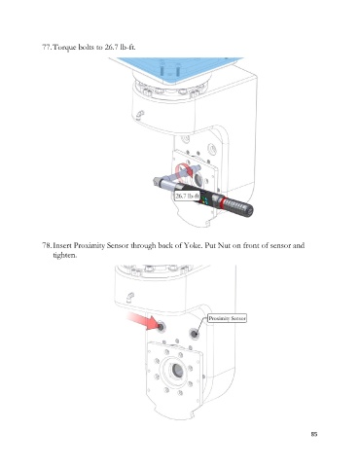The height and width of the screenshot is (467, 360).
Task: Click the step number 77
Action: coord(46,47)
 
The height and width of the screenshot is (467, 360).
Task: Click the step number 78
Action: coord(46,245)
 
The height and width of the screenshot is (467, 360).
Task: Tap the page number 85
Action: coord(314,434)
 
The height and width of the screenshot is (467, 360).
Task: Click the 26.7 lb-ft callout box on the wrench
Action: coord(187,196)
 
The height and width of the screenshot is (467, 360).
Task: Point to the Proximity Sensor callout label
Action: coord(227,318)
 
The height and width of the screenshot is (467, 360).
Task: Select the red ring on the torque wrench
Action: coord(222,201)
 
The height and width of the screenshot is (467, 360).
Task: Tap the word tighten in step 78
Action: coord(65,255)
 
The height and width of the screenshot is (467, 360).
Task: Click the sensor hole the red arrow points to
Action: coord(161,327)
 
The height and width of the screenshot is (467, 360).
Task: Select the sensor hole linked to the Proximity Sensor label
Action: coord(195,334)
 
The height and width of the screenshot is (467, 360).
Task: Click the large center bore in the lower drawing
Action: coord(177,370)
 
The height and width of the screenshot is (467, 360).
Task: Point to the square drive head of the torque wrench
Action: coord(157,181)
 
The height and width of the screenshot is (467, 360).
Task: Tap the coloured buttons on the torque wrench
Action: coord(203,199)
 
